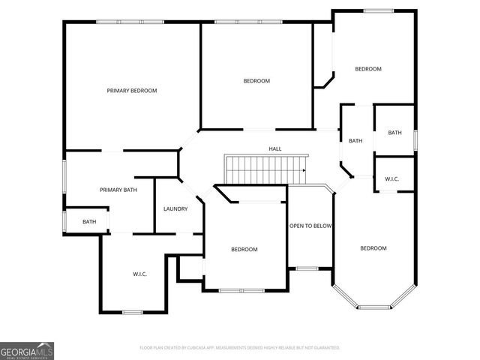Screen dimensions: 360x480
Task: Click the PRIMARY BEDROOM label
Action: [x=132, y=91]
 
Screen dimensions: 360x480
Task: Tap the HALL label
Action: [x=275, y=149]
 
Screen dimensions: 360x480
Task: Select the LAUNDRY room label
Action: [x=175, y=208]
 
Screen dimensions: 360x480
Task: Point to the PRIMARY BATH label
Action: [x=118, y=190]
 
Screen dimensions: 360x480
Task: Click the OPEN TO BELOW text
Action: [x=310, y=226]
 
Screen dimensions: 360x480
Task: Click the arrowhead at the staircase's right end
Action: [x=304, y=170]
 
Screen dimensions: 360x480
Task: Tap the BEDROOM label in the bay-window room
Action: [x=373, y=248]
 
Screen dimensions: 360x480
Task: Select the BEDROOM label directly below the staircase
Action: [x=244, y=250]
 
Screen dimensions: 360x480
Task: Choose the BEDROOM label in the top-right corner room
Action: [x=368, y=69]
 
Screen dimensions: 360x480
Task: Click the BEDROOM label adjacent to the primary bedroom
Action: [x=256, y=81]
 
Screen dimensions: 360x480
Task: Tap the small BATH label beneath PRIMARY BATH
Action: [x=89, y=221]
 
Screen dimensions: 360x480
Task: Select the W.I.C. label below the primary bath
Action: [x=139, y=274]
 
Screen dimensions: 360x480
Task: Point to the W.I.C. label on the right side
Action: [x=391, y=179]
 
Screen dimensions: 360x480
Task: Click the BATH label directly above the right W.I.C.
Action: [x=394, y=133]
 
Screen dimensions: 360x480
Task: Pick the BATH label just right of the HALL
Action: [x=355, y=141]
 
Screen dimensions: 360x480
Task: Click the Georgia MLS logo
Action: [x=27, y=351]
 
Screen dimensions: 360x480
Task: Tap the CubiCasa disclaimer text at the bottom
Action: [x=240, y=348]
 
